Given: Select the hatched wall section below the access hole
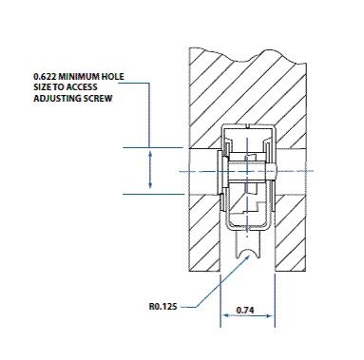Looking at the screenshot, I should (204, 228).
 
